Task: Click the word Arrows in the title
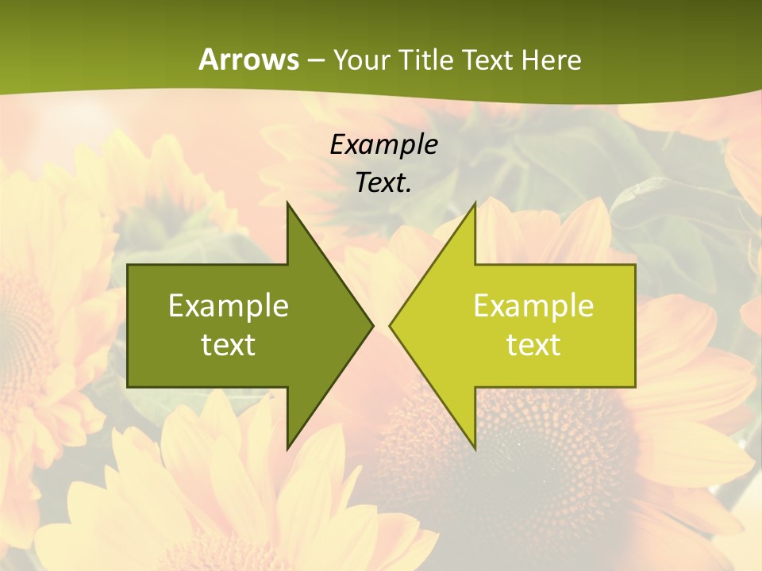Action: tap(248, 59)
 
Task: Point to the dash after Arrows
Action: tap(315, 60)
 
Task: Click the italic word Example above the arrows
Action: tap(383, 144)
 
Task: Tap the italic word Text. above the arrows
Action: tap(383, 182)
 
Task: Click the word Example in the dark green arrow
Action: tap(229, 306)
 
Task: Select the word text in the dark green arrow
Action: tap(229, 344)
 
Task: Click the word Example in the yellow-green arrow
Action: tap(533, 306)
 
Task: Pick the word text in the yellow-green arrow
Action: tap(533, 344)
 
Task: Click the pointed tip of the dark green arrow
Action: tap(371, 325)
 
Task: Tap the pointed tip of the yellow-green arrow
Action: tap(391, 325)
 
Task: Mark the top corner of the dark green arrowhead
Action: tap(287, 204)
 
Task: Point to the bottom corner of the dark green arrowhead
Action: tap(287, 448)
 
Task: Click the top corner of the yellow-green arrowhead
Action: tap(475, 204)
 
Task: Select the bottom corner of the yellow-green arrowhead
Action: tap(475, 448)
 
